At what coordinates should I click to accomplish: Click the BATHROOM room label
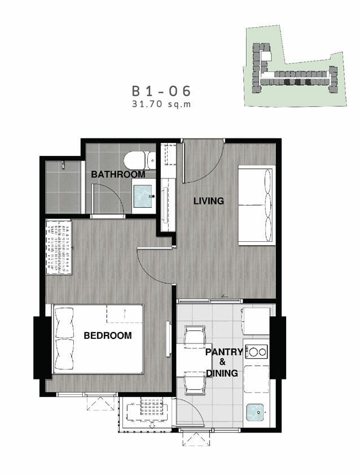(118, 174)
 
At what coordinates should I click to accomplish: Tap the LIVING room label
(209, 201)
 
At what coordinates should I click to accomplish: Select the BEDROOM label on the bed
(108, 335)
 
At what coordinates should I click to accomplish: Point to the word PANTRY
(224, 352)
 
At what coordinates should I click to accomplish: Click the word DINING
(222, 373)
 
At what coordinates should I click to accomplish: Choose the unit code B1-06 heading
(161, 91)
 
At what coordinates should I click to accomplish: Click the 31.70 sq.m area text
(161, 104)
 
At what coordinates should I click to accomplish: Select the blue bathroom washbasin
(143, 197)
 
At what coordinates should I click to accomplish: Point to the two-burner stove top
(257, 352)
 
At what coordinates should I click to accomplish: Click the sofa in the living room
(256, 206)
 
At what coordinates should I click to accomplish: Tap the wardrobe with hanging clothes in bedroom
(59, 247)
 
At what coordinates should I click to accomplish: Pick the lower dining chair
(195, 383)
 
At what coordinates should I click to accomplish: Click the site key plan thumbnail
(295, 66)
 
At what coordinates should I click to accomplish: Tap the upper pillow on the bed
(64, 323)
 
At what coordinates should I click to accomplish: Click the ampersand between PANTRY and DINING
(223, 362)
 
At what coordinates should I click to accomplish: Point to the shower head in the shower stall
(63, 164)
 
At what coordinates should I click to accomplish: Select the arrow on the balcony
(152, 425)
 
